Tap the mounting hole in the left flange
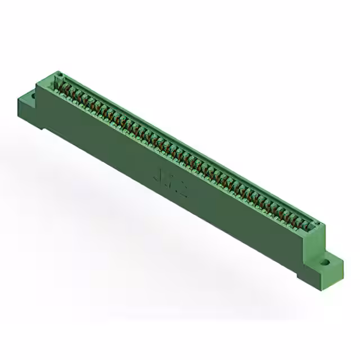click(33, 96)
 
